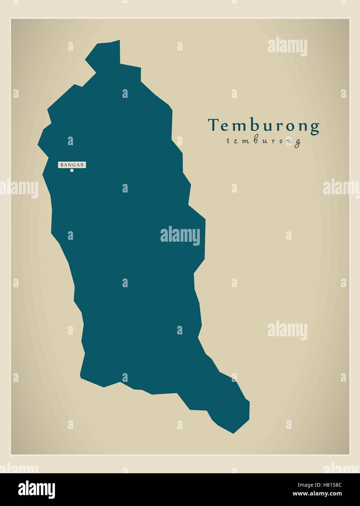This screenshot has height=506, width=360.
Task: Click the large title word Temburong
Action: (x=264, y=126)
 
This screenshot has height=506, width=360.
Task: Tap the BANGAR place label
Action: (x=72, y=165)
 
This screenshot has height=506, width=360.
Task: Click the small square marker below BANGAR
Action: (x=72, y=170)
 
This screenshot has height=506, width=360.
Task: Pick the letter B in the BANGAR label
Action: (x=62, y=165)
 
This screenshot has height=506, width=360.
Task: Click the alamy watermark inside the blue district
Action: (x=180, y=236)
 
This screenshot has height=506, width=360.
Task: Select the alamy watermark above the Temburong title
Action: (x=287, y=47)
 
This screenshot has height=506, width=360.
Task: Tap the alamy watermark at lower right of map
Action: (x=287, y=331)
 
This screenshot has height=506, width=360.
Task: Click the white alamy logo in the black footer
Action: (x=37, y=488)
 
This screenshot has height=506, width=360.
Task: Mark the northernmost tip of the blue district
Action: (x=119, y=41)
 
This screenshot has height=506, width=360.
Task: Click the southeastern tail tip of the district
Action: (x=233, y=433)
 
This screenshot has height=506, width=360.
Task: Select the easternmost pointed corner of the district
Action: (x=205, y=220)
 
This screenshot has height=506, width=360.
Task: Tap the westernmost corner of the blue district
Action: (x=38, y=145)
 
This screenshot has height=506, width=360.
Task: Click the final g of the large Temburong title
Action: (x=315, y=127)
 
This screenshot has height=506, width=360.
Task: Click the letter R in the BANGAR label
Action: (x=83, y=165)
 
